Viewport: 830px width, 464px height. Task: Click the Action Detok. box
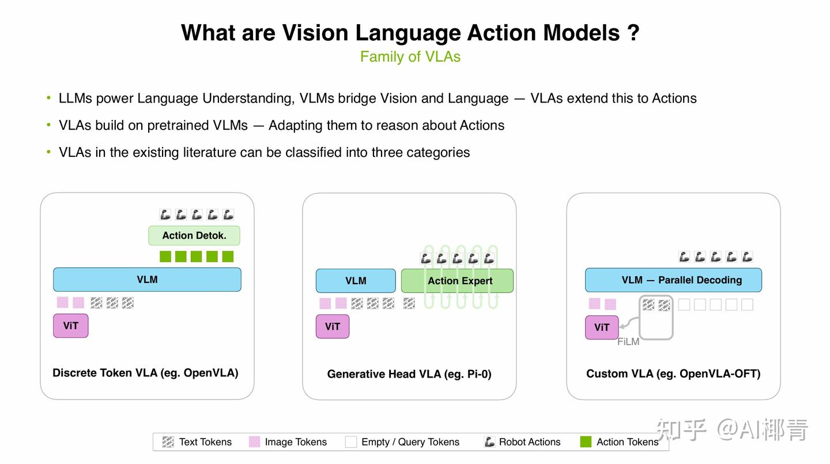[x=194, y=236]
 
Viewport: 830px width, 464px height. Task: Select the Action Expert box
[x=457, y=281]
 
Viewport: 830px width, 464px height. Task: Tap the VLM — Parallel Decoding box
[x=674, y=280]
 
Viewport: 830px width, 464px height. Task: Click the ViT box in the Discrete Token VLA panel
[x=71, y=326]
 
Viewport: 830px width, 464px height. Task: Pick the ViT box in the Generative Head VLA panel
[x=333, y=326]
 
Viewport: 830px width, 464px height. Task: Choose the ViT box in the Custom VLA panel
[x=602, y=327]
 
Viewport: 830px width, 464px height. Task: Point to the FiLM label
[x=628, y=342]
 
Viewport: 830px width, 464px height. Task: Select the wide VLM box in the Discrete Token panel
[x=147, y=280]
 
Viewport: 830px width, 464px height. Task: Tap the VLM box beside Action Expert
[x=356, y=281]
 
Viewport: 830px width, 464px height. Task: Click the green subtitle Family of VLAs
[x=410, y=56]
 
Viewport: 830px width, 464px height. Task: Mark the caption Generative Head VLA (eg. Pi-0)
[x=409, y=374]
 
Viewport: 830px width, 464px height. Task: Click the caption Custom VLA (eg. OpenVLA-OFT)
[x=673, y=374]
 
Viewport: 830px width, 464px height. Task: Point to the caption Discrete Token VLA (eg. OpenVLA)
[x=145, y=373]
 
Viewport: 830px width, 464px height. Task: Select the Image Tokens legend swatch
[x=254, y=442]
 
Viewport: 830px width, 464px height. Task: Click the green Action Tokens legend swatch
[x=586, y=442]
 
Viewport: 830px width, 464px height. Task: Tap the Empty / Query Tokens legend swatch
[x=350, y=442]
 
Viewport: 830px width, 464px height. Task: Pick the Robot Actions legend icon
[x=489, y=442]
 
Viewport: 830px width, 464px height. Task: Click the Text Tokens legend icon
[x=168, y=442]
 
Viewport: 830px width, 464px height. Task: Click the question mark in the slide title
[x=633, y=33]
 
